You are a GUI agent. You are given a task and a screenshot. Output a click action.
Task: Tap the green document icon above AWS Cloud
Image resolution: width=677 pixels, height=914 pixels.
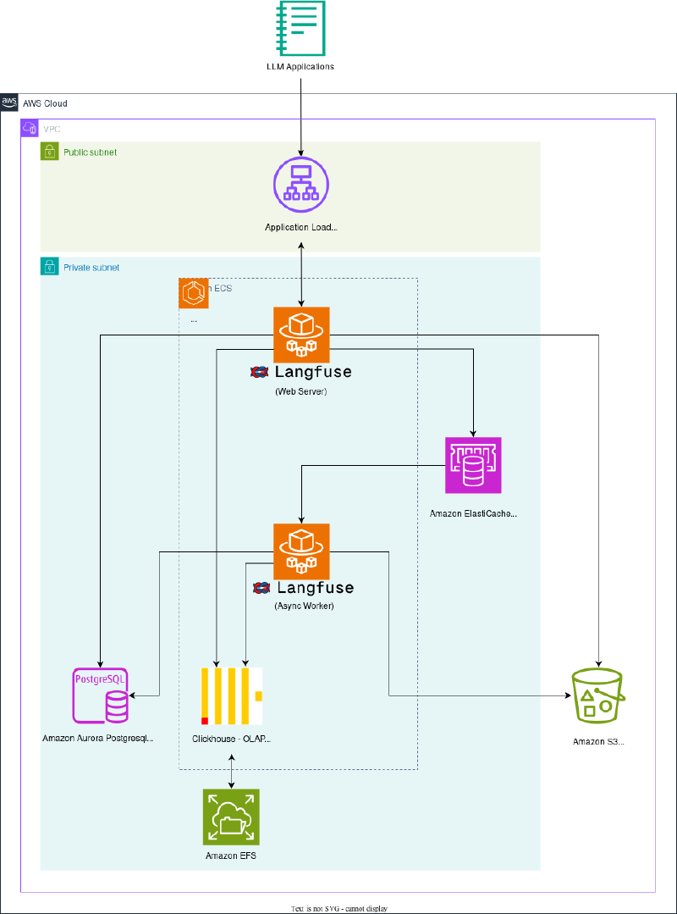pos(301,28)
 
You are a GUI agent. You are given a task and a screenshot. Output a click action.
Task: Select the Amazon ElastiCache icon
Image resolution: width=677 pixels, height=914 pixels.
pos(473,465)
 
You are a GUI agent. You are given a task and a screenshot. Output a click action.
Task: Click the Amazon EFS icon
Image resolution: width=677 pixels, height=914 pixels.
pos(231,817)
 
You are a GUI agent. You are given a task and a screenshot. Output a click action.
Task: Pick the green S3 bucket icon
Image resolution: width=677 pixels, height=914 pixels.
pos(598,695)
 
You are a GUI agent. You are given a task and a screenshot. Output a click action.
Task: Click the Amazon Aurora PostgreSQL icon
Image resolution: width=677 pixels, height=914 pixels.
pos(101,695)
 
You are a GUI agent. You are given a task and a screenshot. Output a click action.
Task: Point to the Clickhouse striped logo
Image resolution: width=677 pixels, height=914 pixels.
pos(231,695)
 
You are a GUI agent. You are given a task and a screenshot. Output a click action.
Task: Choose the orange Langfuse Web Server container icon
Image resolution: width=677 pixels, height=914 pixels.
pos(301,335)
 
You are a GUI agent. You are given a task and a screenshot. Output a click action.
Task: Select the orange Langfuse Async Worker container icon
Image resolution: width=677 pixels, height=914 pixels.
pos(301,551)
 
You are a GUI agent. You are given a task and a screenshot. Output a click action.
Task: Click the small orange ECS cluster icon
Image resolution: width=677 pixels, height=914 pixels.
pos(194,293)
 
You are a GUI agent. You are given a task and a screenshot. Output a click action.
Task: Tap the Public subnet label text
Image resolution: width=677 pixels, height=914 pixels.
pos(91,152)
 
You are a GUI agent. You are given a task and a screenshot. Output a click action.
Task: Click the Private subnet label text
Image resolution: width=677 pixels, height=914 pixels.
pos(91,268)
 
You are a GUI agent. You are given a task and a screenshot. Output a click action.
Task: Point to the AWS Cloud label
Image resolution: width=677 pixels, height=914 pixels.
pos(45,103)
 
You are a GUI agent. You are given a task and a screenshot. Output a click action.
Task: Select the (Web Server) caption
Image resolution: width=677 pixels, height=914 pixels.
pos(300,391)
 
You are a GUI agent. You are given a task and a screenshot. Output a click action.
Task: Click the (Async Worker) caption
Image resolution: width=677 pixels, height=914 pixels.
pos(304,607)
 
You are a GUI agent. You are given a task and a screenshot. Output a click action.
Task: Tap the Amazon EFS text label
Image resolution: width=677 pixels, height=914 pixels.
pos(230,856)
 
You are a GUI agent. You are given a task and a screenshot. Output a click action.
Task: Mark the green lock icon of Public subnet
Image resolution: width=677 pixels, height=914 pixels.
pos(49,152)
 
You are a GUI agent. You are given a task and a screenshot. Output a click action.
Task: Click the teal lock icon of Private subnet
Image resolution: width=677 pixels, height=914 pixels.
pos(49,267)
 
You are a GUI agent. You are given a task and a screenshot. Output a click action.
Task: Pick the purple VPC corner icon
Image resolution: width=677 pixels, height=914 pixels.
pos(30,128)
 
